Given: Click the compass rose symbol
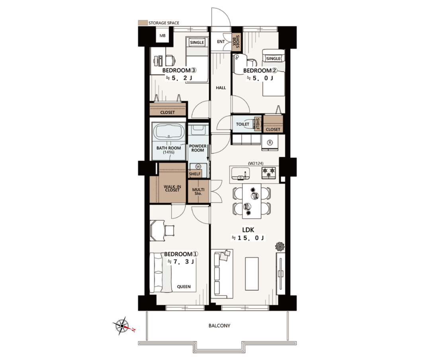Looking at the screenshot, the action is tap(122, 326).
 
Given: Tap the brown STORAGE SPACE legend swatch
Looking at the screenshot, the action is tap(143, 23).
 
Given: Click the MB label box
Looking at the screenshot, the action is tap(162, 36).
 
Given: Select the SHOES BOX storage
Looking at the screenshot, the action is tap(236, 42).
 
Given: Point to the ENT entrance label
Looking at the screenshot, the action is tap(221, 41).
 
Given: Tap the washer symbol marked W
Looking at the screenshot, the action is tap(198, 167).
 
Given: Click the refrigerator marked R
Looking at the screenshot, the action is tap(270, 143).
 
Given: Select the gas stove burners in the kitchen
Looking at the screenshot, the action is tap(269, 172).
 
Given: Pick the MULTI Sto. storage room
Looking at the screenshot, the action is tap(198, 191).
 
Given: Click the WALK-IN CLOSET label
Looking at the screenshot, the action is tap(172, 188).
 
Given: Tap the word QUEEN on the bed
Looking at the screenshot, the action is tap(184, 287).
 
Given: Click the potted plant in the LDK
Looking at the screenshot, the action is tap(280, 247).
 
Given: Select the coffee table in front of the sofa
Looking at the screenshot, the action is tap(252, 274).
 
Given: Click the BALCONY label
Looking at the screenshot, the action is tap(219, 326).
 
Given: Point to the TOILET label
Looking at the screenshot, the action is tap(242, 124).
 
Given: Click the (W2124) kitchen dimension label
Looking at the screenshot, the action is tap(256, 163).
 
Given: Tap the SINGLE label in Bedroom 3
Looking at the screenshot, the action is tap(197, 43).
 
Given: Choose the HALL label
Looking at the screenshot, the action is tap(221, 88).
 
